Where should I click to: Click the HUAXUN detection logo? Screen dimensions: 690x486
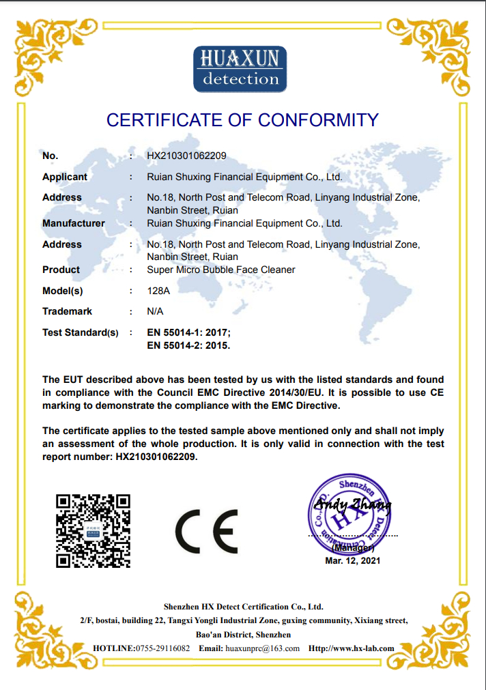tap(240, 69)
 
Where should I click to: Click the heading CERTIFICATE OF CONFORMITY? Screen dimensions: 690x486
tap(242, 120)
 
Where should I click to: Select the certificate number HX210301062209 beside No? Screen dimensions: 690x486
tap(186, 156)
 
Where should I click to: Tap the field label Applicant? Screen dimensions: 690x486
tap(65, 177)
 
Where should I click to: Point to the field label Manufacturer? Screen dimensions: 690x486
tap(74, 223)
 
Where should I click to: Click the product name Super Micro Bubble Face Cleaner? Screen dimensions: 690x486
tap(221, 270)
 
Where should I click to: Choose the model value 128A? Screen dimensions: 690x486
tap(158, 291)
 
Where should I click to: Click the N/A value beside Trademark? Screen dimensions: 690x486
tap(155, 311)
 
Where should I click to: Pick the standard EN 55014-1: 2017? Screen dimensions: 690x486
tap(189, 332)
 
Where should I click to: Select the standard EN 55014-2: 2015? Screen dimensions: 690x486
tap(189, 345)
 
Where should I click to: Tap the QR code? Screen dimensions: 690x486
tap(93, 530)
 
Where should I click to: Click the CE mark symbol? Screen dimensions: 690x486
tap(206, 531)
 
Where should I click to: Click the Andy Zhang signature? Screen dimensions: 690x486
tap(352, 505)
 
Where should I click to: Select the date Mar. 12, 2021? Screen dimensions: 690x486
tap(352, 560)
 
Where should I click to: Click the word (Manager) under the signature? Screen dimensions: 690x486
tap(352, 547)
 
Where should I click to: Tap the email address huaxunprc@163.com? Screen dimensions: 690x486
tap(262, 648)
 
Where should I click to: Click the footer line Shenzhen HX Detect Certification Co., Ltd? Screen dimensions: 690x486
tap(243, 606)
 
